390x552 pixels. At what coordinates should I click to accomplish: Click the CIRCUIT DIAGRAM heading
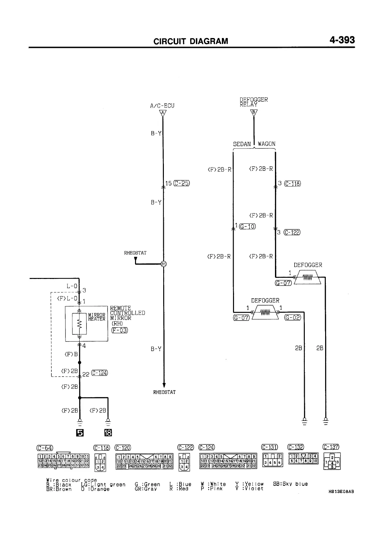(x=191, y=41)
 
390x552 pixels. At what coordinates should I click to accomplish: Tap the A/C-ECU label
(x=162, y=106)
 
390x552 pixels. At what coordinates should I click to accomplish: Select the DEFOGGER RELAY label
(x=253, y=102)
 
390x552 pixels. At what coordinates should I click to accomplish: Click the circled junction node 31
(x=164, y=264)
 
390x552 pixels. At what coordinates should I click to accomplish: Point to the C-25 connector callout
(x=182, y=183)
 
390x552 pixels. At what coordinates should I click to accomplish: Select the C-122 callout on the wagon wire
(x=292, y=232)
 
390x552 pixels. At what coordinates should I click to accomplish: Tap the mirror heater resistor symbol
(x=79, y=324)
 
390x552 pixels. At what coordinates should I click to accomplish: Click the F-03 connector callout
(x=119, y=330)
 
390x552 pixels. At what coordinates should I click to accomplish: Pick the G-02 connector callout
(x=292, y=317)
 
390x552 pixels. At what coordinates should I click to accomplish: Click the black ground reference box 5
(x=79, y=433)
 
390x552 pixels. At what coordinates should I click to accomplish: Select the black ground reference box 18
(x=108, y=433)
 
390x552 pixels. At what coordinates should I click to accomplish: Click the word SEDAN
(x=242, y=144)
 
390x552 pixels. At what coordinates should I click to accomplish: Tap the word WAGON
(x=266, y=144)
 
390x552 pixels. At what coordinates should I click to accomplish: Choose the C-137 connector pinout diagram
(x=332, y=461)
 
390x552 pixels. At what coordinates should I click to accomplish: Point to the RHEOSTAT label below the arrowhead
(x=164, y=392)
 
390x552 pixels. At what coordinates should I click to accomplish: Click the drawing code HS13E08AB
(x=341, y=492)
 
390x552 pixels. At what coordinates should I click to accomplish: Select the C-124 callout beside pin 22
(x=100, y=373)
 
